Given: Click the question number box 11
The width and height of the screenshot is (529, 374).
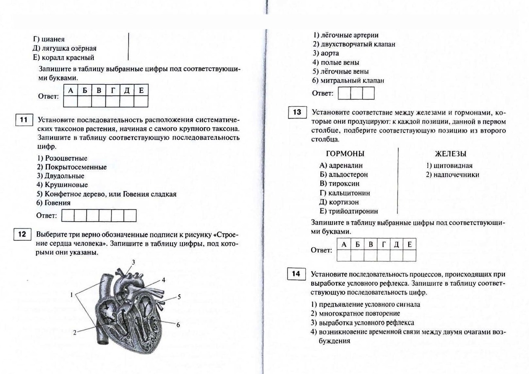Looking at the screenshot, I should [23, 120].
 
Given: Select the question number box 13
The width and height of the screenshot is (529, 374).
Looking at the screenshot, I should [297, 112].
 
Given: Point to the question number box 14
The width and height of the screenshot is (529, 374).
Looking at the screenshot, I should [296, 274].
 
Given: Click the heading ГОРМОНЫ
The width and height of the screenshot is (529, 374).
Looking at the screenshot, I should [345, 154].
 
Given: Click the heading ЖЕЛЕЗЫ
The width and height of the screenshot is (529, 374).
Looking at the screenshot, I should [451, 154].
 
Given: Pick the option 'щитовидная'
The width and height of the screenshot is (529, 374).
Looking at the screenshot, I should [449, 166].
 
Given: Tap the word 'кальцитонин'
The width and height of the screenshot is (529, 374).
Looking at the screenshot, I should [349, 193].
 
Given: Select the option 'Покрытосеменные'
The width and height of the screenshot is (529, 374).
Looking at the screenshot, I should [71, 167].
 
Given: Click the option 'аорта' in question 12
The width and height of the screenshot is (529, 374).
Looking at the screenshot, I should [326, 54].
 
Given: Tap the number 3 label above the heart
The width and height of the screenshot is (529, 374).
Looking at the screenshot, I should [134, 262].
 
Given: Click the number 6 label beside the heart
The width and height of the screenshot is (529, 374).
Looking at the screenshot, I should [178, 325].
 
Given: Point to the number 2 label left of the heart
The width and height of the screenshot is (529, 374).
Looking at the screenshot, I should [75, 332].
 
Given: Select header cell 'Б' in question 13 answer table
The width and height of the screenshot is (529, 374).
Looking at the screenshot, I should [358, 245].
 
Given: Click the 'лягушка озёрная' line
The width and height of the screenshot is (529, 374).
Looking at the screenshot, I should [65, 49].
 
